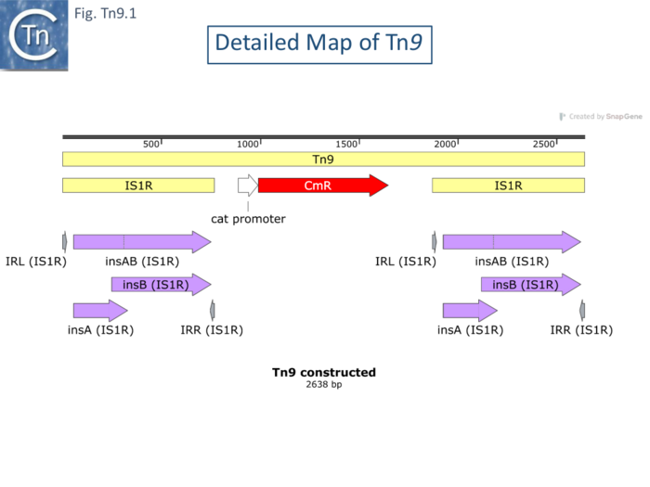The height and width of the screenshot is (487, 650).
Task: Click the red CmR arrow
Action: coord(321,186)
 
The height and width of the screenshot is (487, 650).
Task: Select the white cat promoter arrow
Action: coord(248,185)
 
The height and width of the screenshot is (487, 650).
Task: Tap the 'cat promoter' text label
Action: coord(248,220)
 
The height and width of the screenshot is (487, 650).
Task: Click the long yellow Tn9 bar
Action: coord(323,160)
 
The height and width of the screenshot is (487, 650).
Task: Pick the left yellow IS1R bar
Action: coord(138,186)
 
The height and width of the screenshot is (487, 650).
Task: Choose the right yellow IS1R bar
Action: coord(508,186)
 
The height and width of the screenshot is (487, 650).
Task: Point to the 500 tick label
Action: coord(150,144)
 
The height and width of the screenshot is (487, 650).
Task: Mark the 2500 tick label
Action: coord(544,144)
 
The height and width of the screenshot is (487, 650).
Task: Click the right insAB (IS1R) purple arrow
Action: coord(511,242)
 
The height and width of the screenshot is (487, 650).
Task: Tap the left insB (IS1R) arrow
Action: coord(161,285)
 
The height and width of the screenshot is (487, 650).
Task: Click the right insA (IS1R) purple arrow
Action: coord(470,310)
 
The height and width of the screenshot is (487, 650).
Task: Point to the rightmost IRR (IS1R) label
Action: coord(582,329)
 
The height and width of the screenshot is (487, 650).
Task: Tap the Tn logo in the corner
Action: coord(34,35)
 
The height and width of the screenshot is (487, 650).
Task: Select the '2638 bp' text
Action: coord(324,384)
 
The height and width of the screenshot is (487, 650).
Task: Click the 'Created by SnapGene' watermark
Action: coord(601,117)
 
